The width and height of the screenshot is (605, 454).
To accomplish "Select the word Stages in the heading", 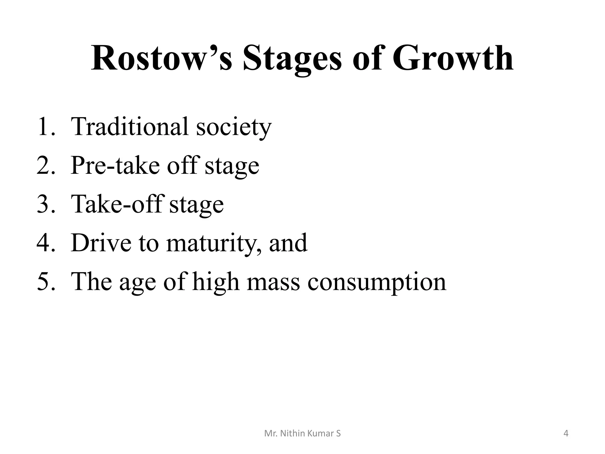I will point(292,59).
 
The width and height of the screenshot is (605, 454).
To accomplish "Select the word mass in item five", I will point(273,282).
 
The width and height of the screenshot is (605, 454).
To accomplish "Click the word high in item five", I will point(216,282).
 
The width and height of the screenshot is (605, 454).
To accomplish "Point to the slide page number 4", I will point(566,434).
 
